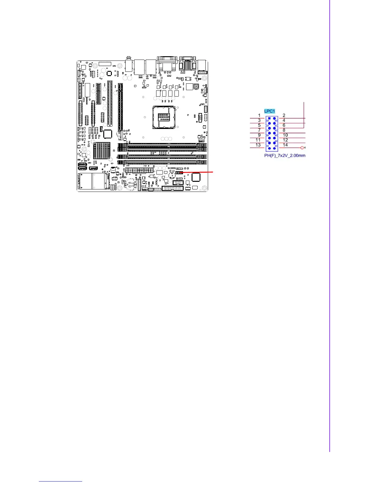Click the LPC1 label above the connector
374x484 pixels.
coord(269,111)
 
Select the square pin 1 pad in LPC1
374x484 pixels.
coord(269,118)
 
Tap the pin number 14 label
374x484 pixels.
coord(285,145)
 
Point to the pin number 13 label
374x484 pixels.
coord(258,145)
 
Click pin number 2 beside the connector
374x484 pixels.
coord(284,116)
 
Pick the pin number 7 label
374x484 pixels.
coord(259,130)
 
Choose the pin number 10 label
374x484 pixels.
coord(285,135)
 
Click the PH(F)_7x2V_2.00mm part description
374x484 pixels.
coord(285,156)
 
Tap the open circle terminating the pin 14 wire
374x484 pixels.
coord(302,148)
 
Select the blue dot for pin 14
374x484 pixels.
coord(274,148)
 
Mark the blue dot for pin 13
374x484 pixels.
coord(269,148)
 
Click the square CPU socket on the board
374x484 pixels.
coord(164,117)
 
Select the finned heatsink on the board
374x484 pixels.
coord(102,151)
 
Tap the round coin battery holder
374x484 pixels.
coord(132,184)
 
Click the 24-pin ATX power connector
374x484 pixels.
coord(139,170)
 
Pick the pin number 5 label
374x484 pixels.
coord(259,125)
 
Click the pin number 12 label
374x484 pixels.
coord(285,140)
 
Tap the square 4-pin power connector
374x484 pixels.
coord(196,86)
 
